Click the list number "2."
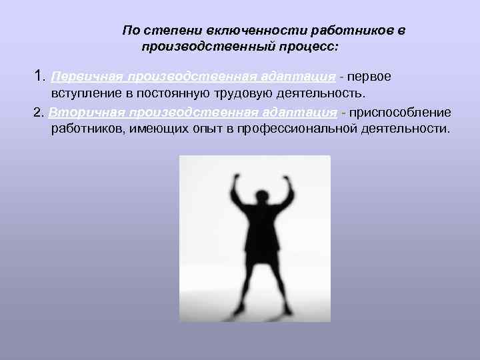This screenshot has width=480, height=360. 39,111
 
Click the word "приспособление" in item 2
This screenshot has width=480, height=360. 400,111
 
